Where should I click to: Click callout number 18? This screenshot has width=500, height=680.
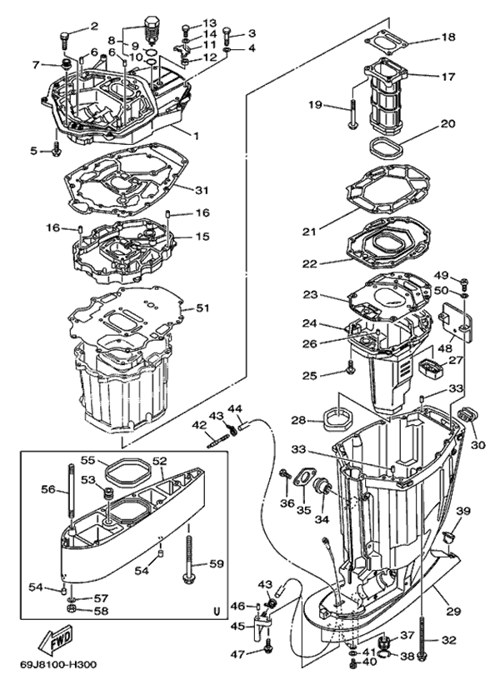[447, 37]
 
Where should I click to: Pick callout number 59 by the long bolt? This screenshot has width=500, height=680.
[217, 564]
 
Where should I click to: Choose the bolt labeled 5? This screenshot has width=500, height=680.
[57, 151]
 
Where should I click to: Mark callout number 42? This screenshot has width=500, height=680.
[198, 424]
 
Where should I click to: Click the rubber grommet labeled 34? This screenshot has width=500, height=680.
[322, 492]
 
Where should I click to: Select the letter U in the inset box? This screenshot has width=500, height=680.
[217, 610]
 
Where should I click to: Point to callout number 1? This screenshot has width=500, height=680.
[196, 135]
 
